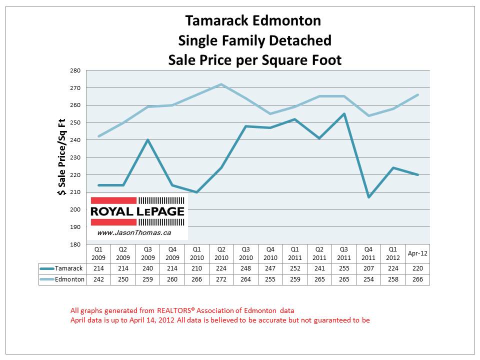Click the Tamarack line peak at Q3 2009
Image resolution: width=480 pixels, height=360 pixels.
(x=147, y=140)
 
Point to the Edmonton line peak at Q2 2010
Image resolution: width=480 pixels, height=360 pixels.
(x=221, y=84)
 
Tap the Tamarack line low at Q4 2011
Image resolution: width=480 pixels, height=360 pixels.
(x=368, y=197)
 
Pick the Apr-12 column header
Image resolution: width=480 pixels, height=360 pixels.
(x=417, y=253)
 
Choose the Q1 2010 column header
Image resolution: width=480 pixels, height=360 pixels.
(x=196, y=253)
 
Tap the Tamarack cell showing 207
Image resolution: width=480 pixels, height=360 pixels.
(x=368, y=268)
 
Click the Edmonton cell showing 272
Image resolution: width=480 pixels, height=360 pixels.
(x=221, y=279)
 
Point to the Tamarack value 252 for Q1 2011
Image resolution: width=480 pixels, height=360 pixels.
(x=294, y=268)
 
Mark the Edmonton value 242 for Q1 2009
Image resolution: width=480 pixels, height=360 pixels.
(x=98, y=279)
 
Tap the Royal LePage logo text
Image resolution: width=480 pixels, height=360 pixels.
(x=137, y=211)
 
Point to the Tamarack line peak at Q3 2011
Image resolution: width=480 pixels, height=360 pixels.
(x=344, y=114)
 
